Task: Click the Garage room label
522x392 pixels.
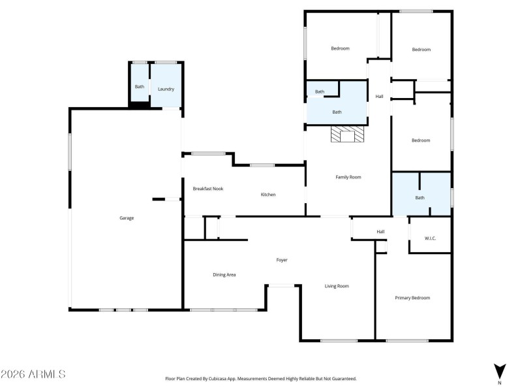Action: click(127, 218)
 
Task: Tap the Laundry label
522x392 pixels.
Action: click(166, 89)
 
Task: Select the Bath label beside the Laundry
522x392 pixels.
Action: click(140, 87)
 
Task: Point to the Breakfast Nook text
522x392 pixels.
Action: click(208, 189)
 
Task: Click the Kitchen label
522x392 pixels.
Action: click(268, 195)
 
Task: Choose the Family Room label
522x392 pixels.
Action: click(348, 177)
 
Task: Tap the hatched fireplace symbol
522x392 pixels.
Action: click(348, 135)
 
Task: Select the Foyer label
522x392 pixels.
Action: click(282, 260)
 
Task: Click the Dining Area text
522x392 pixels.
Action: click(224, 275)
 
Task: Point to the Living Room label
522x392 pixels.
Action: click(337, 286)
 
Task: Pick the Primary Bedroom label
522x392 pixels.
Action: click(412, 298)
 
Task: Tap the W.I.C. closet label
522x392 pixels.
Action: click(430, 238)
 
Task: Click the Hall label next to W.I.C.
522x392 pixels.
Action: click(380, 232)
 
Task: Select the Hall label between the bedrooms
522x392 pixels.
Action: click(379, 97)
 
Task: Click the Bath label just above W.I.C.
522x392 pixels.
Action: click(420, 198)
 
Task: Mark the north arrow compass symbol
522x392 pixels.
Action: click(499, 371)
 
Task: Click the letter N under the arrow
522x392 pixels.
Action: click(499, 383)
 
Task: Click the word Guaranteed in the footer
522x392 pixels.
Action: click(342, 378)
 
